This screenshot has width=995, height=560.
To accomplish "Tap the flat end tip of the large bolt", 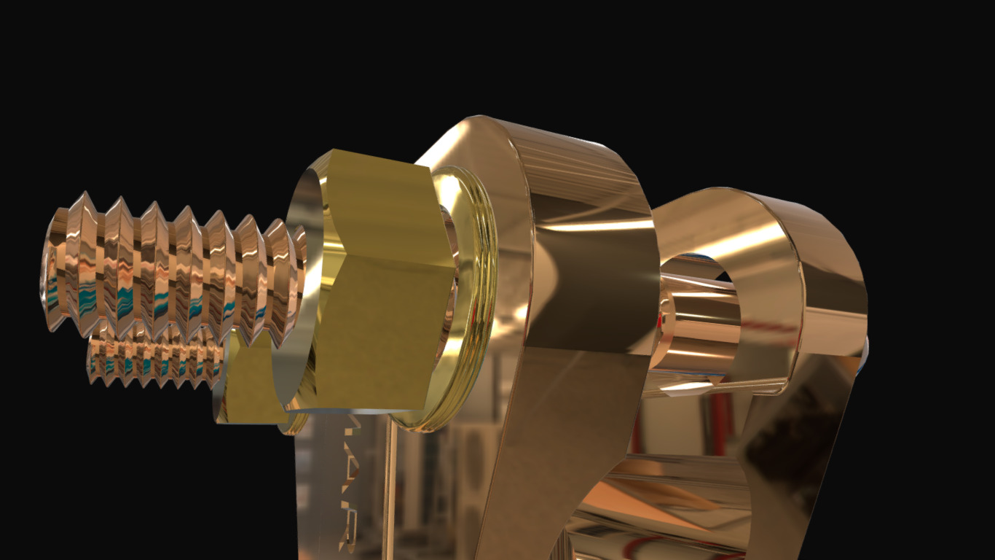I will tap(50, 270).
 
